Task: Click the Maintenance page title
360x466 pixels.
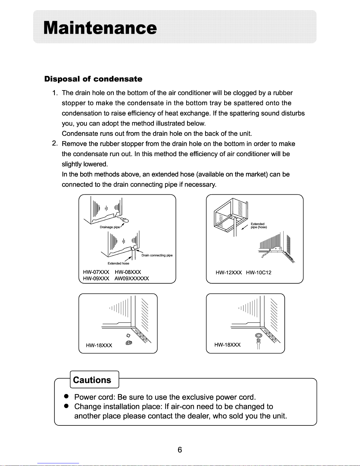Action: click(x=100, y=28)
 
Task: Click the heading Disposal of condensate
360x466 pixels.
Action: click(x=93, y=79)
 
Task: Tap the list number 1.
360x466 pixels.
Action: click(x=55, y=93)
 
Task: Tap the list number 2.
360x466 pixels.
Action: click(x=55, y=143)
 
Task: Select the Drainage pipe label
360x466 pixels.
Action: click(x=110, y=227)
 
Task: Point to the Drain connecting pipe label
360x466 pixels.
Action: click(x=157, y=255)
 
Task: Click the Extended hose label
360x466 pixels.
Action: click(x=118, y=263)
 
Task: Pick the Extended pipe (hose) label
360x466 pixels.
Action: click(x=259, y=226)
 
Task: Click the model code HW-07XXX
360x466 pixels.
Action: click(x=96, y=272)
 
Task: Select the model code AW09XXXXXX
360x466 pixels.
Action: click(x=132, y=278)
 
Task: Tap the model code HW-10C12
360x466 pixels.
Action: click(x=259, y=273)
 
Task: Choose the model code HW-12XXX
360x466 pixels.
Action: click(x=229, y=273)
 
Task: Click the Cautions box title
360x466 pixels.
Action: click(x=92, y=380)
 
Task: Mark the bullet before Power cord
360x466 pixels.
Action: click(x=66, y=396)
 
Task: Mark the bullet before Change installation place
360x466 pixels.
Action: click(x=66, y=406)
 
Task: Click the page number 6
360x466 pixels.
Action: click(x=180, y=450)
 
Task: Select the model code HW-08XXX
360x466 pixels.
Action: click(x=128, y=272)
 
